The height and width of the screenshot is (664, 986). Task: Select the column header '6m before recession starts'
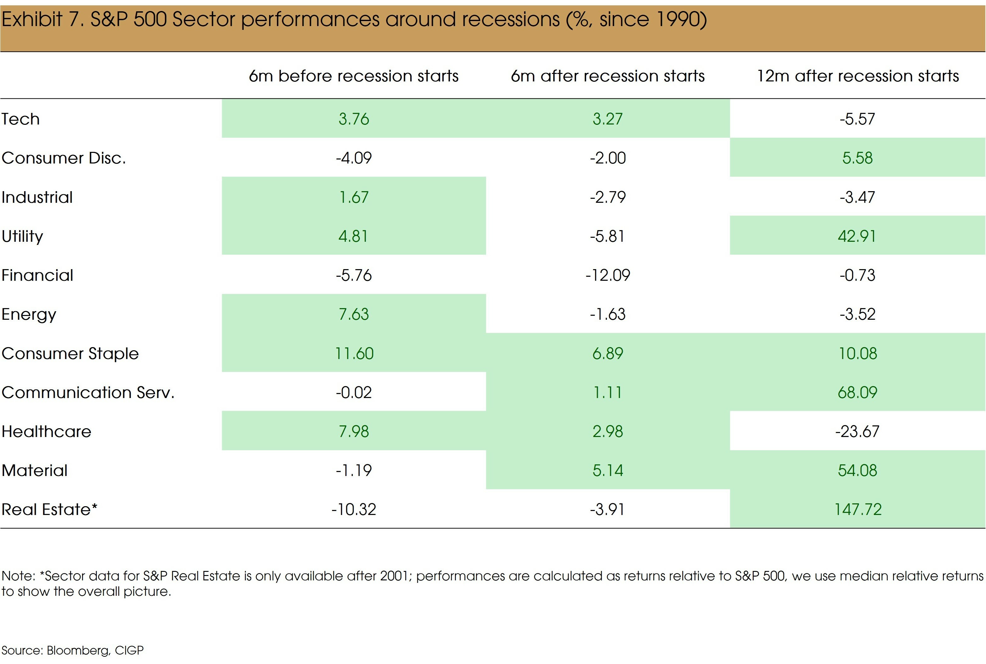coord(354,76)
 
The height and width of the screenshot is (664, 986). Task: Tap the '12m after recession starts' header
coord(858,76)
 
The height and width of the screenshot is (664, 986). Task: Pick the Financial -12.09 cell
coord(607,275)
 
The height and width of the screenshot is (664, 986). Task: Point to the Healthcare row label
coord(47,432)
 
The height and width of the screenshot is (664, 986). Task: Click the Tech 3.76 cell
coord(354,119)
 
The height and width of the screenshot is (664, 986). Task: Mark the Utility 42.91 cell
coord(857,236)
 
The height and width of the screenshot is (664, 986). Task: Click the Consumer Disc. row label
coord(64,158)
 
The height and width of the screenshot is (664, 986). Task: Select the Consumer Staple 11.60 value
coord(354,354)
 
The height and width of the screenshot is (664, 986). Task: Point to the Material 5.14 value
coord(607,470)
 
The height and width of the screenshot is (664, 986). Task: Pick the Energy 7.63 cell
coord(354,314)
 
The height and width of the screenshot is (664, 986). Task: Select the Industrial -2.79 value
coord(607,197)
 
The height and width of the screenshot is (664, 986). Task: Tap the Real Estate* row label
coord(50,509)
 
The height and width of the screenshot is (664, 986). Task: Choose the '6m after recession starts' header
coord(607,76)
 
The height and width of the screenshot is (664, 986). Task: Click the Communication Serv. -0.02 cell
coord(354,393)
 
